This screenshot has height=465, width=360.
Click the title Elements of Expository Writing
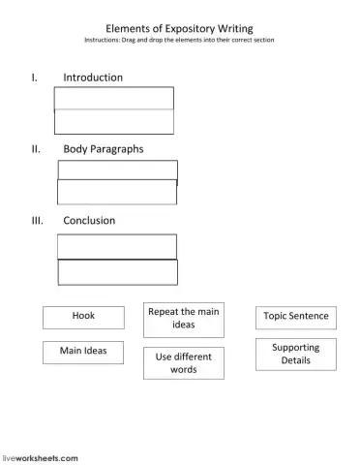click(179, 29)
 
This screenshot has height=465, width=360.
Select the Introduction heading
click(93, 77)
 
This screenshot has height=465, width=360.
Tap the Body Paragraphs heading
click(103, 149)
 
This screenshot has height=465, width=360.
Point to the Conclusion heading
click(89, 221)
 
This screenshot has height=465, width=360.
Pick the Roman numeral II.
click(36, 149)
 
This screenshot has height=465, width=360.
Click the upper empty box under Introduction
click(114, 98)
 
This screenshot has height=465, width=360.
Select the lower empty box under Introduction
click(114, 121)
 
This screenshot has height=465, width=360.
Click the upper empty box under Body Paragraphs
click(117, 170)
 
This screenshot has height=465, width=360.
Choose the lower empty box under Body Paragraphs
click(117, 192)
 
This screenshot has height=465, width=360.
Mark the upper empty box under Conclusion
click(117, 247)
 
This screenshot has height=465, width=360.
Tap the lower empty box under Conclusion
click(117, 272)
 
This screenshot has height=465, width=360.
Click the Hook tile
click(83, 317)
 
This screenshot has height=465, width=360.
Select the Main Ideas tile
click(83, 352)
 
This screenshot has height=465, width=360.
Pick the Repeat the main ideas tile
click(183, 319)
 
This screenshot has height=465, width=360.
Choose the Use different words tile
click(183, 363)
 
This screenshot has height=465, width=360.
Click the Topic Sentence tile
click(296, 317)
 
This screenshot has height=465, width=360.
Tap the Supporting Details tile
click(296, 354)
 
